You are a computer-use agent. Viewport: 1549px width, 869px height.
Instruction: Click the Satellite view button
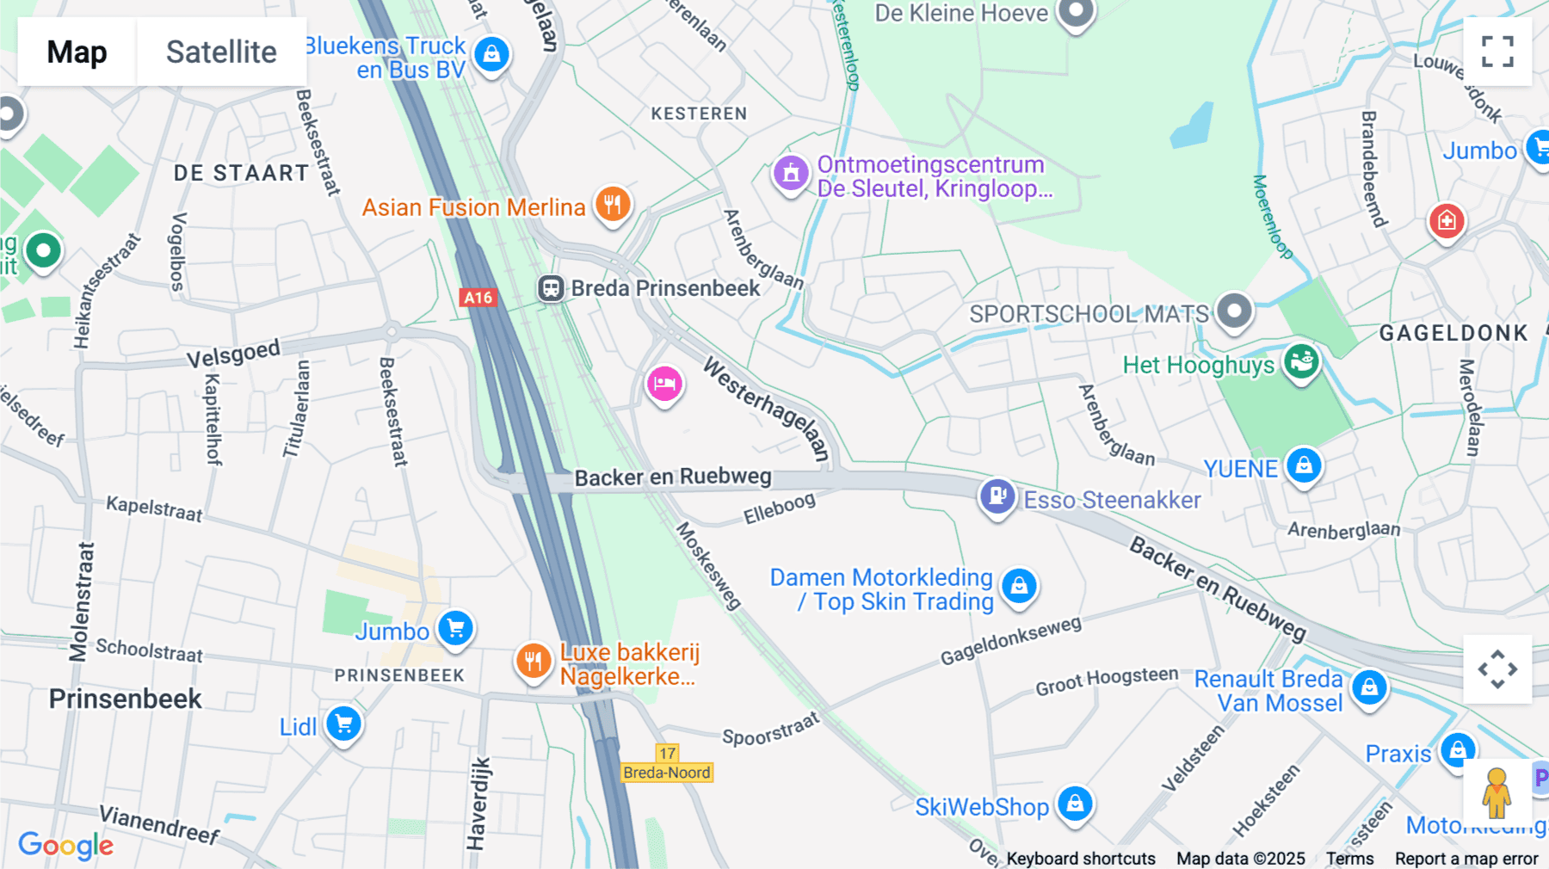221,52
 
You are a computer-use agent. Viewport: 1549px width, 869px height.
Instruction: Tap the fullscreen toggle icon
1497,52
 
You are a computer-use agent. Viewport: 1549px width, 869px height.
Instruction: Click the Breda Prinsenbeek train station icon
551,288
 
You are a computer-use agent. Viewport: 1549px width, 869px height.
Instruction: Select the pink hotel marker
664,384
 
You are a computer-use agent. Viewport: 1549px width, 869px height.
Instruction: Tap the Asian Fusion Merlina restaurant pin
613,205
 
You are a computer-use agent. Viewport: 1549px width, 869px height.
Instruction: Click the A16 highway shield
478,298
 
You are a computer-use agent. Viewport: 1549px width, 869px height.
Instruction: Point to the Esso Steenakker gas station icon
997,496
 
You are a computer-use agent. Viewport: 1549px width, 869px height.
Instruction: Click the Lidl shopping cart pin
343,724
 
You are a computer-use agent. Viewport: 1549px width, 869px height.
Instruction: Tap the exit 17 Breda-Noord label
668,763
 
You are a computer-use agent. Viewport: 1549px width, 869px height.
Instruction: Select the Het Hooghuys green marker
1301,361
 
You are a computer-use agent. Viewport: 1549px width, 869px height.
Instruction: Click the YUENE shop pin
1304,465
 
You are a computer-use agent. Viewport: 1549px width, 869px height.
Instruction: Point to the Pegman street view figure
1497,792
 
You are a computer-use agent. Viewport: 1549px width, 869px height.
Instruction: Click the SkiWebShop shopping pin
1075,804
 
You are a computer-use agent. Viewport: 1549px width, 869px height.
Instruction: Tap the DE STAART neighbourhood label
241,173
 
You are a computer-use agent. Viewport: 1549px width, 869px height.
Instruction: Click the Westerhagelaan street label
767,410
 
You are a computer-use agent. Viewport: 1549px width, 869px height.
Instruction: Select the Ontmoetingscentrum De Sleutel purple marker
791,173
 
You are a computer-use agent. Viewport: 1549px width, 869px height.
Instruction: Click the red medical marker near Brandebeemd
1447,221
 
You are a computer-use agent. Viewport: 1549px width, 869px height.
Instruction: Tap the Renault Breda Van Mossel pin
1369,687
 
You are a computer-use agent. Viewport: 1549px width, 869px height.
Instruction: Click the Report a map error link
1466,859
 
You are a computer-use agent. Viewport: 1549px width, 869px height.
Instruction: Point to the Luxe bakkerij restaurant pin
534,661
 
